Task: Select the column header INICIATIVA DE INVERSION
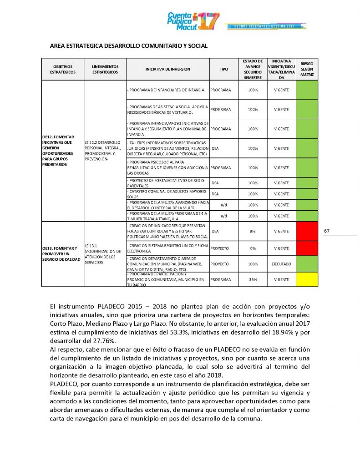[167, 69]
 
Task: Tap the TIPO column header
[224, 69]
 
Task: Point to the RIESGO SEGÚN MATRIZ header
[307, 69]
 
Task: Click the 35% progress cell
[253, 279]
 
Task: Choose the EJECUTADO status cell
[281, 263]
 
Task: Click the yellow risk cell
[307, 279]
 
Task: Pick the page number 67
[327, 231]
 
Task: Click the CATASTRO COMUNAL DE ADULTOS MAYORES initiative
[167, 194]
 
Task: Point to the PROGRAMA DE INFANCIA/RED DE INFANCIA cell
[167, 90]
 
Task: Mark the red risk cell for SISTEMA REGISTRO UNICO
[307, 248]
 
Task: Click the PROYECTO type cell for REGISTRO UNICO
[219, 248]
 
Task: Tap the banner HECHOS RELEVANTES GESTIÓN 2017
[264, 26]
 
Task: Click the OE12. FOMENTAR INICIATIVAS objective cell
[62, 151]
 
